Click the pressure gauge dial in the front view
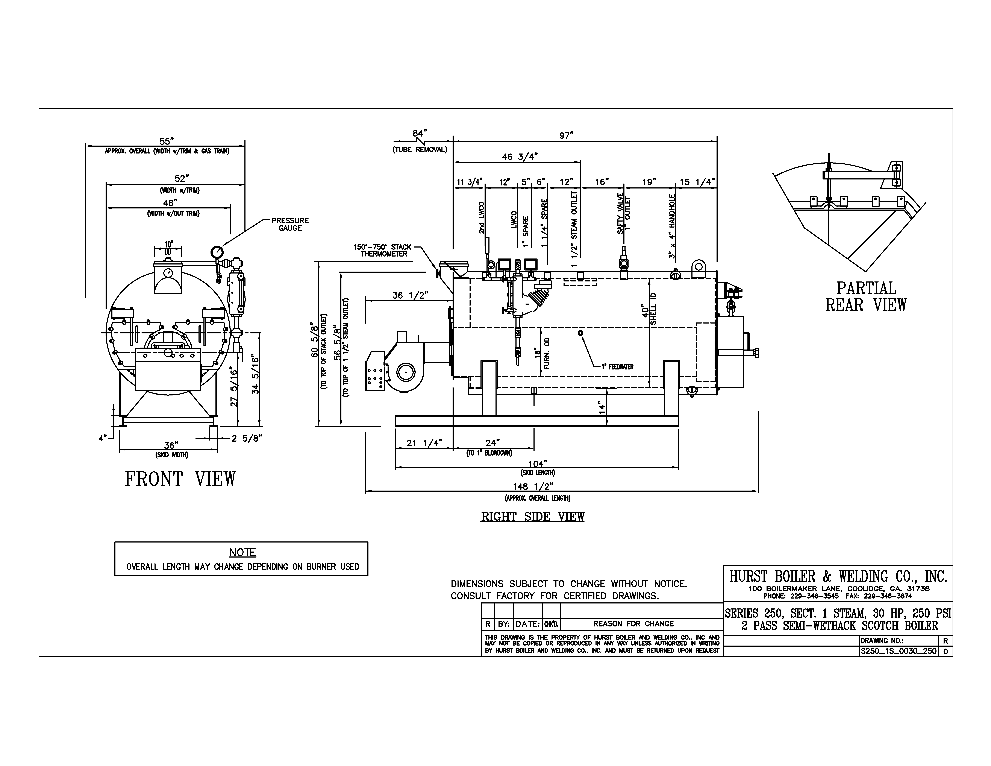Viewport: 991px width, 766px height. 217,251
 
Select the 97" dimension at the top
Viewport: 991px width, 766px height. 566,135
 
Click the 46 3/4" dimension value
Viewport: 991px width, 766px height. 520,157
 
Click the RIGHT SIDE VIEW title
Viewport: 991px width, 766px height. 532,517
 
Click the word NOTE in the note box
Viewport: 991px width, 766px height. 242,552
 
